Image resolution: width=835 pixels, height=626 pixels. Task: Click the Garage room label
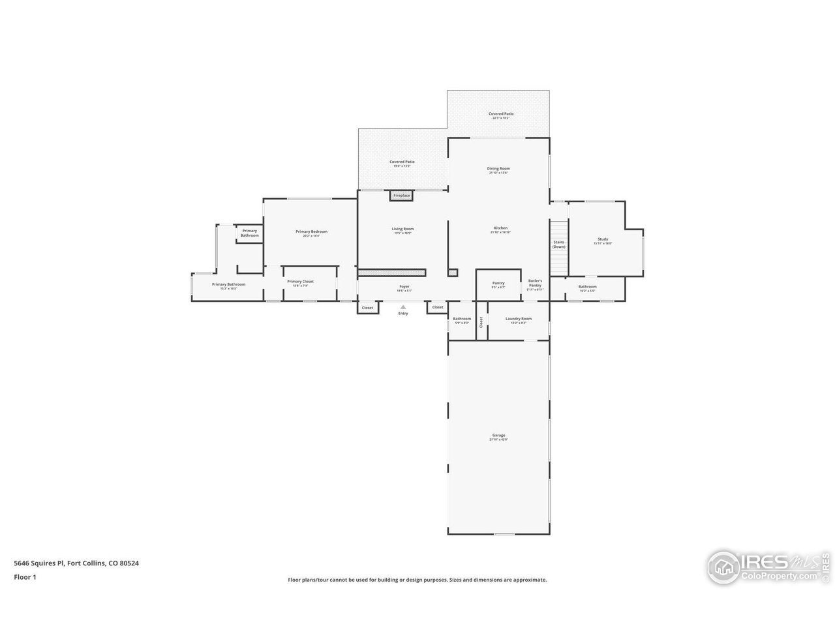click(x=498, y=436)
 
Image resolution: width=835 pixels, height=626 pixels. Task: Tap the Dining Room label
click(x=498, y=169)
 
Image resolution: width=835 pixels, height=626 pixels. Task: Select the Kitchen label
click(x=500, y=228)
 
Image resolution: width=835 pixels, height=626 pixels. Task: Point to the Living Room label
click(x=402, y=229)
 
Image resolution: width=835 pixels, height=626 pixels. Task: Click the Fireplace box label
click(x=402, y=196)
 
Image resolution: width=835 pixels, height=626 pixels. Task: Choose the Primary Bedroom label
click(x=311, y=231)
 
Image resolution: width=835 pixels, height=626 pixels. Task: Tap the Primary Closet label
click(x=300, y=282)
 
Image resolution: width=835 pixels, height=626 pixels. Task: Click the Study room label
click(x=603, y=239)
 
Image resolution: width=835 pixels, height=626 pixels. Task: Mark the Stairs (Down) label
click(x=558, y=245)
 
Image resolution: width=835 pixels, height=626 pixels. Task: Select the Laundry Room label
click(x=519, y=319)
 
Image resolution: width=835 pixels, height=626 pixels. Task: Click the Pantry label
click(x=498, y=283)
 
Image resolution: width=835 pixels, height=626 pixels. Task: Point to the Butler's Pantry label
click(x=535, y=283)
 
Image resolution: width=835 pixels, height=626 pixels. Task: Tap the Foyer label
click(x=404, y=286)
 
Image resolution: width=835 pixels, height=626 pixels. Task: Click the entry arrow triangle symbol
click(x=403, y=306)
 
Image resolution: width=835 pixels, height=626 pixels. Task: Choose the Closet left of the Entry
click(x=367, y=308)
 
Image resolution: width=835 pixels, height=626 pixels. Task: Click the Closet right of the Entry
click(x=438, y=307)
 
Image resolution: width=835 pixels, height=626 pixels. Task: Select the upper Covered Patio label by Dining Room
click(x=501, y=114)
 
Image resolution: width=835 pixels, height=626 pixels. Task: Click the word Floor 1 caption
click(x=25, y=576)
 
